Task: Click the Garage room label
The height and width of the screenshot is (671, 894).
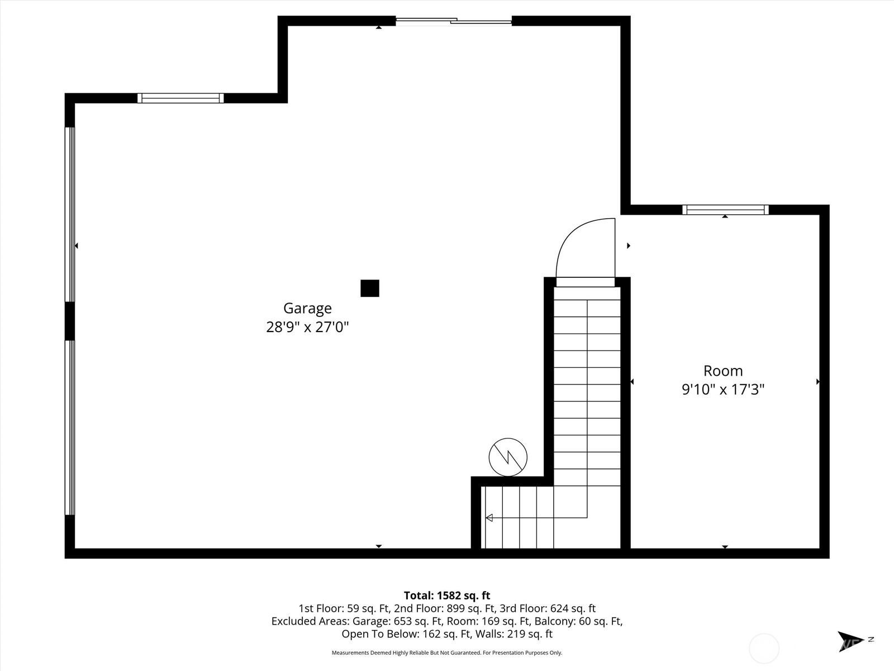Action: [x=307, y=309]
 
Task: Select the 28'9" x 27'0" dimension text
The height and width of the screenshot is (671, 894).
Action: [x=307, y=327]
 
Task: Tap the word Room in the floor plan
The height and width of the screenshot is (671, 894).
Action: [x=723, y=371]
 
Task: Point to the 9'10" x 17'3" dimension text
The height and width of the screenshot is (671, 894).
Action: [x=723, y=390]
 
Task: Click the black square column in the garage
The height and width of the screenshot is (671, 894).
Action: [x=370, y=288]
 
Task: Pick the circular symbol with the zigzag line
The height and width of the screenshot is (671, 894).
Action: [x=508, y=457]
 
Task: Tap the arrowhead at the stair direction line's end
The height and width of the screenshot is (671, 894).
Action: [x=489, y=518]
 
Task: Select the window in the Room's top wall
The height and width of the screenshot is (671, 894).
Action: [x=725, y=210]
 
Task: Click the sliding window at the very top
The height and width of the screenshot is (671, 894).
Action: [x=454, y=21]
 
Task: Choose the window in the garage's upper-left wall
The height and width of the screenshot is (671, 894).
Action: [x=180, y=98]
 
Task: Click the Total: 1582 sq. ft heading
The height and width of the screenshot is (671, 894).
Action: [x=447, y=596]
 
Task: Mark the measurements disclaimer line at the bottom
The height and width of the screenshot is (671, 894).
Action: [x=447, y=653]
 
